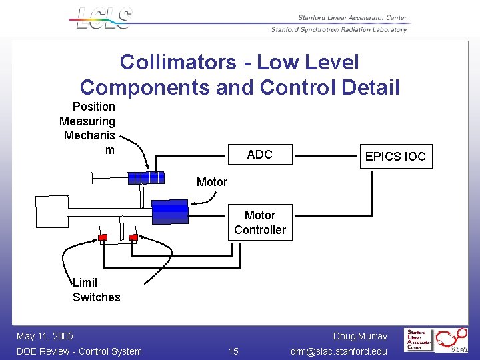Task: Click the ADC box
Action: pos(260,155)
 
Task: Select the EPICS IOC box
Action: pos(395,157)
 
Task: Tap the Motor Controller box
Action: pos(260,222)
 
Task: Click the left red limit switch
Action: pos(103,237)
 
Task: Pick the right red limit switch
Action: pos(133,237)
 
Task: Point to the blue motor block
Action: pos(170,211)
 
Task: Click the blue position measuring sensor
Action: pos(146,177)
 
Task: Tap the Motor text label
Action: pos(212,182)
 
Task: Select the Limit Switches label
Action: pos(96,290)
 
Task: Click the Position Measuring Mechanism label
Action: pos(88,128)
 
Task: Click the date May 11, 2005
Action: pos(45,336)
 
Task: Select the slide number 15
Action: pos(233,351)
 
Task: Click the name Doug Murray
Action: pos(360,336)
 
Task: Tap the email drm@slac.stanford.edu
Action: pos(339,351)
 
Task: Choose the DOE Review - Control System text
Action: pos(79,351)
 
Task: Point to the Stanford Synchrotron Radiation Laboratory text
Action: pos(339,29)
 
